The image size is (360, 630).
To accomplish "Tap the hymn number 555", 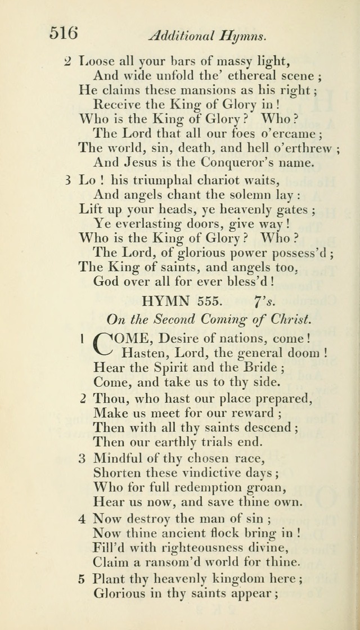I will [209, 301].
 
